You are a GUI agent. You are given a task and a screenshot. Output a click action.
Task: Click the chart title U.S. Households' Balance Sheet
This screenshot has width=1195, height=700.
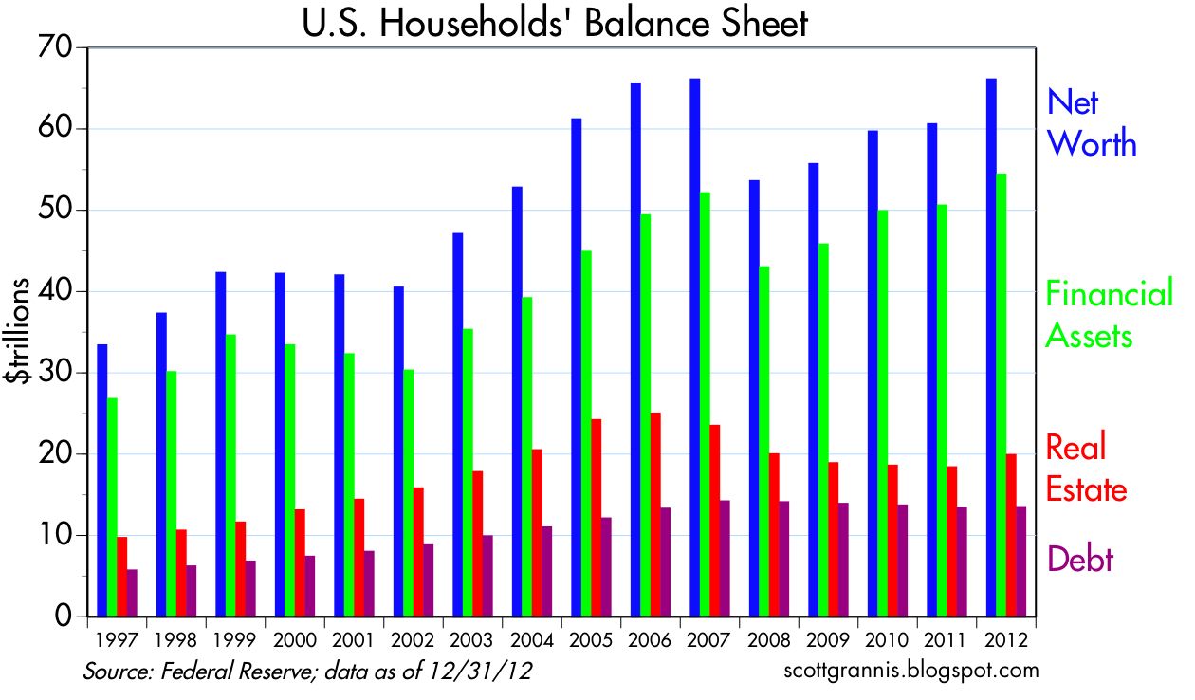[555, 23]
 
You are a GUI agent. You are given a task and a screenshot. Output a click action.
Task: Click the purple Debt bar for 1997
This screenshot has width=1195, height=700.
[132, 593]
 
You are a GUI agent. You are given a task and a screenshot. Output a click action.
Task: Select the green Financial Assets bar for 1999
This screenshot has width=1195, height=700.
[230, 475]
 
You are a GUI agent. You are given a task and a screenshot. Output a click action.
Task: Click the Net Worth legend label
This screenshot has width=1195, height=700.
[1091, 123]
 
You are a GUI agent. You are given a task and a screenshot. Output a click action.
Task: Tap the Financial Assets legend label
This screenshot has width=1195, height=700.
[1109, 315]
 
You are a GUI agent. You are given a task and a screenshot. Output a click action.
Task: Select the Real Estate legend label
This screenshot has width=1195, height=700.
[1086, 469]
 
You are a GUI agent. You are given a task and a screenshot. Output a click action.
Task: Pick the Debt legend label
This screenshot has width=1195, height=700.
[1079, 559]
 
